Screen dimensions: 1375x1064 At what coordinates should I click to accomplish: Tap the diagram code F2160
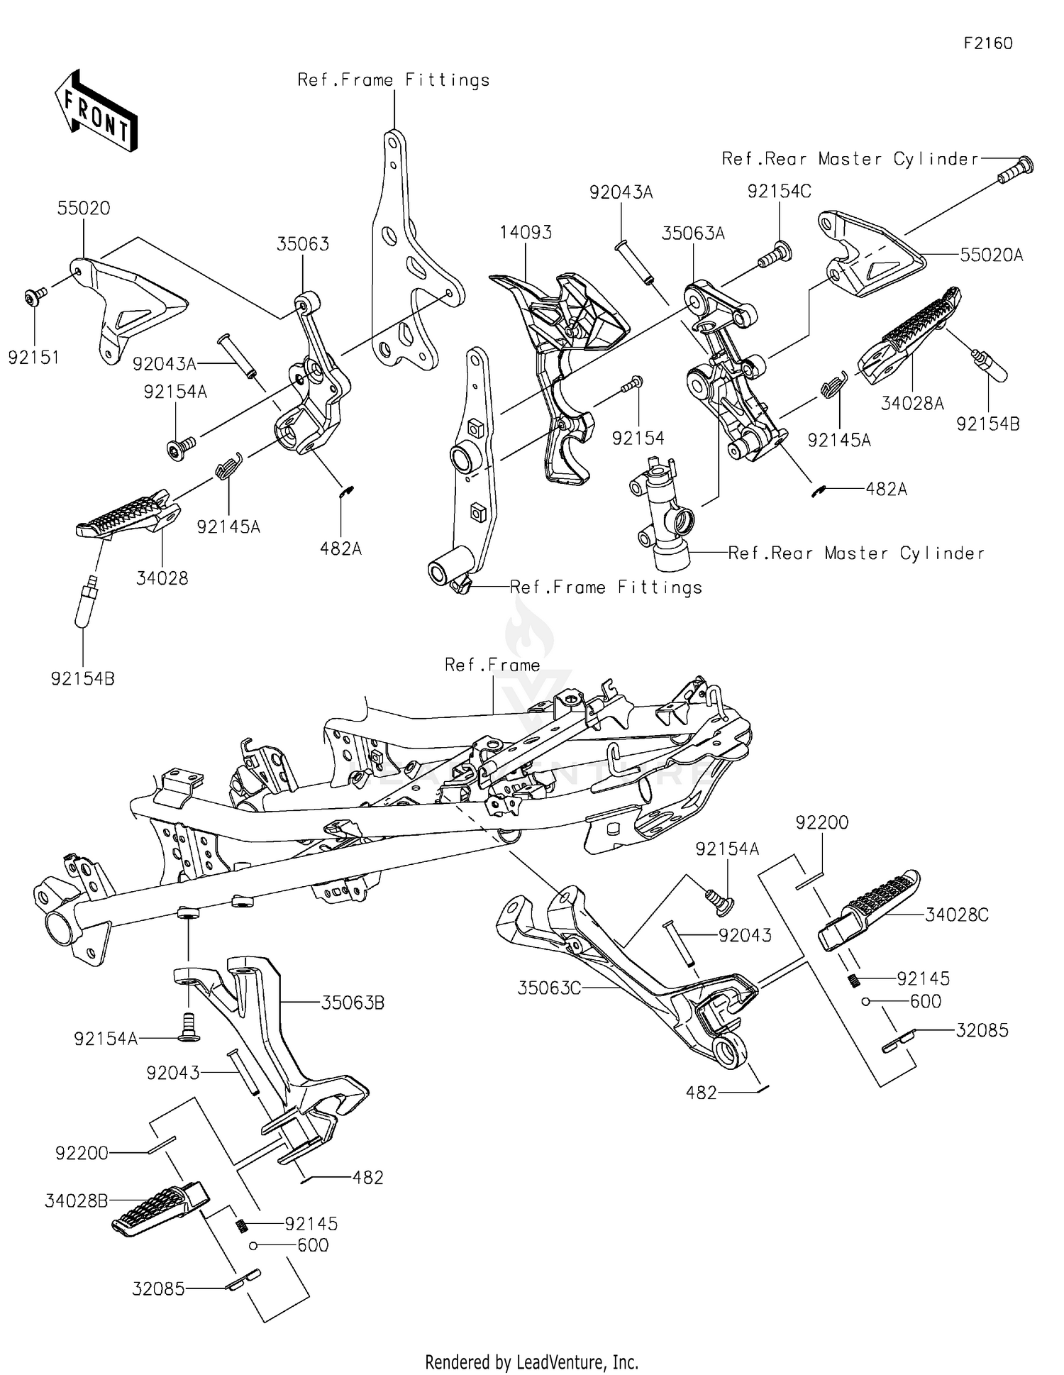tap(987, 43)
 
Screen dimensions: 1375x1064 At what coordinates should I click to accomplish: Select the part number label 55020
tap(84, 209)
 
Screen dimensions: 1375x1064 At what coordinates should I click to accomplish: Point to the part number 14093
tap(526, 233)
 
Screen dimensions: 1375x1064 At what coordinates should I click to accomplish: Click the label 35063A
tap(693, 234)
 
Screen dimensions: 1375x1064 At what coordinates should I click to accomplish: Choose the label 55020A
tap(992, 255)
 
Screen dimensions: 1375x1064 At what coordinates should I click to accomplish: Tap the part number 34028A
tap(912, 404)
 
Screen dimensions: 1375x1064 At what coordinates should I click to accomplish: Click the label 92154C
tap(779, 192)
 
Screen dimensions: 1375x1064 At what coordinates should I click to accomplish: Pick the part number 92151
tap(33, 358)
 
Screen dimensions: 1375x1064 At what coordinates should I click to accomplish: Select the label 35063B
tap(353, 1003)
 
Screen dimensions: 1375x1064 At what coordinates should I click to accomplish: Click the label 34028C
tap(957, 915)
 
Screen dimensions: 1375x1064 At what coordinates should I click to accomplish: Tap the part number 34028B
tap(77, 1201)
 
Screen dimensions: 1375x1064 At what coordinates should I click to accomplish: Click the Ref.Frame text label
tap(492, 665)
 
